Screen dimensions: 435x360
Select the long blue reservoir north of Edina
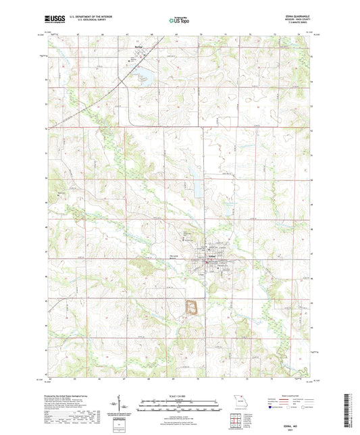pyautogui.click(x=193, y=176)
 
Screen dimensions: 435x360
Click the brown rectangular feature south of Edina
pyautogui.click(x=191, y=307)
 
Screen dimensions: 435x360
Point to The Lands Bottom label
pyautogui.click(x=175, y=256)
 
